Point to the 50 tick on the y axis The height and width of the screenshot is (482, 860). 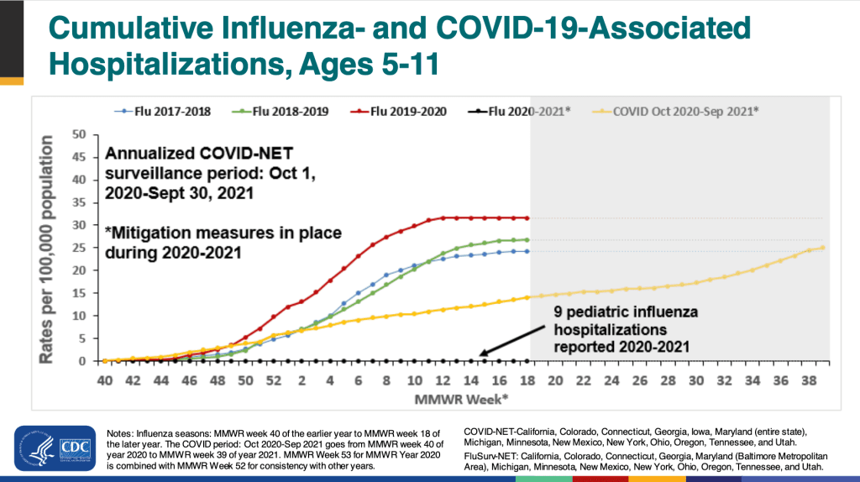[x=80, y=134]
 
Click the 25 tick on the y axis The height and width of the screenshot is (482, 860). [x=80, y=248]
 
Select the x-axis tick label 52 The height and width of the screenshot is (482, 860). [x=274, y=380]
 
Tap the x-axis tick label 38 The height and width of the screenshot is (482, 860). [x=810, y=380]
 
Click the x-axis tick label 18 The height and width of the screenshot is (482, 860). [x=527, y=380]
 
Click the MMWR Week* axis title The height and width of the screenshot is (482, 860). [x=465, y=396]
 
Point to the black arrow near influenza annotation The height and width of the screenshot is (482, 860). [x=511, y=341]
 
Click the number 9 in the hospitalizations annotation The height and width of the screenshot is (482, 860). [x=558, y=312]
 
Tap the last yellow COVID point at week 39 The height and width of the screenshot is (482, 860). [x=822, y=248]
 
